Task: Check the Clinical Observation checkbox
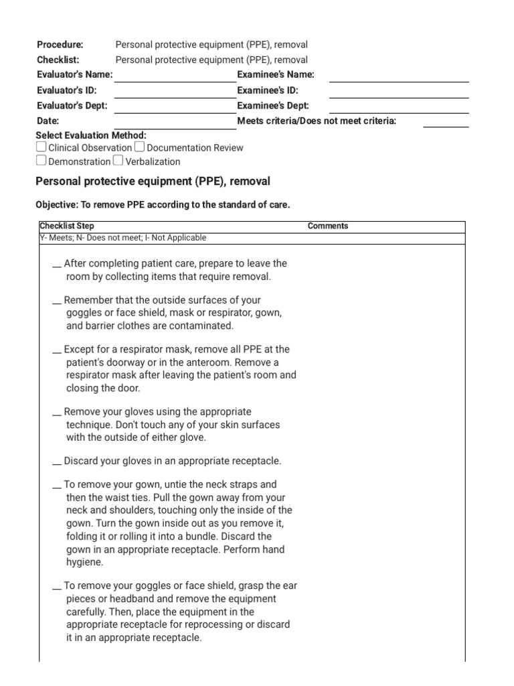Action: pyautogui.click(x=41, y=147)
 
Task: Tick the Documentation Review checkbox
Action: pyautogui.click(x=139, y=147)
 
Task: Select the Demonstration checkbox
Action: pyautogui.click(x=41, y=161)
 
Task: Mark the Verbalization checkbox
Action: pyautogui.click(x=118, y=161)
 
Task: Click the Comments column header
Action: pyautogui.click(x=328, y=226)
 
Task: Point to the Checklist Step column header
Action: pyautogui.click(x=67, y=226)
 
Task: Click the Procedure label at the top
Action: pyautogui.click(x=60, y=45)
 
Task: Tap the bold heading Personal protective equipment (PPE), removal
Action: pyautogui.click(x=152, y=182)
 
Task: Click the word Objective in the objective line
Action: pyautogui.click(x=54, y=205)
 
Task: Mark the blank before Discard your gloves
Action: pyautogui.click(x=57, y=462)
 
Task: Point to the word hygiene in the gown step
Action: pyautogui.click(x=84, y=563)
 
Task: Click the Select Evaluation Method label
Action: pyautogui.click(x=90, y=135)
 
